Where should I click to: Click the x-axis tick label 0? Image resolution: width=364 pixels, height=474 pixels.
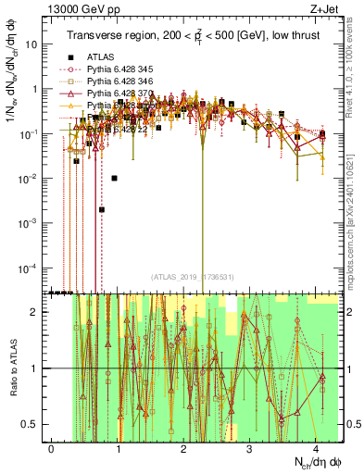[x=52, y=449]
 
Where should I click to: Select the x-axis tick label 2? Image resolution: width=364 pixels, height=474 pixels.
[x=183, y=449]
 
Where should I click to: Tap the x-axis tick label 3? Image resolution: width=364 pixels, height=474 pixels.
[x=249, y=449]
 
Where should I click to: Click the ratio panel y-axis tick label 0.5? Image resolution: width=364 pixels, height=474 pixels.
[x=36, y=425]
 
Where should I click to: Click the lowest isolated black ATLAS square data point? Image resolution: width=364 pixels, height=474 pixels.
[x=102, y=209]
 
